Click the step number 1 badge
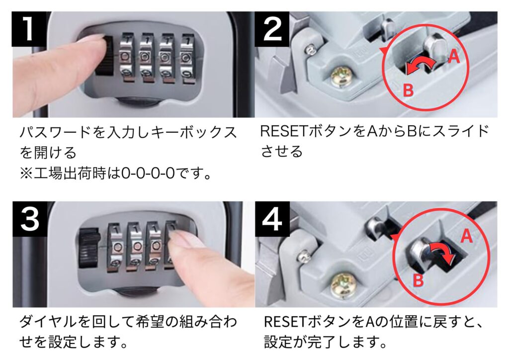(28, 29)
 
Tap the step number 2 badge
(272, 29)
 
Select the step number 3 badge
(29, 219)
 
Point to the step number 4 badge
(272, 219)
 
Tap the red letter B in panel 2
(408, 90)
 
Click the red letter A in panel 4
(466, 236)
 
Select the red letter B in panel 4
(418, 279)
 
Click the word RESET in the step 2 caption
(283, 131)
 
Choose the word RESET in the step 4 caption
(286, 322)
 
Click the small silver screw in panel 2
(311, 50)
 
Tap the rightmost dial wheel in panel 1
(187, 59)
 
